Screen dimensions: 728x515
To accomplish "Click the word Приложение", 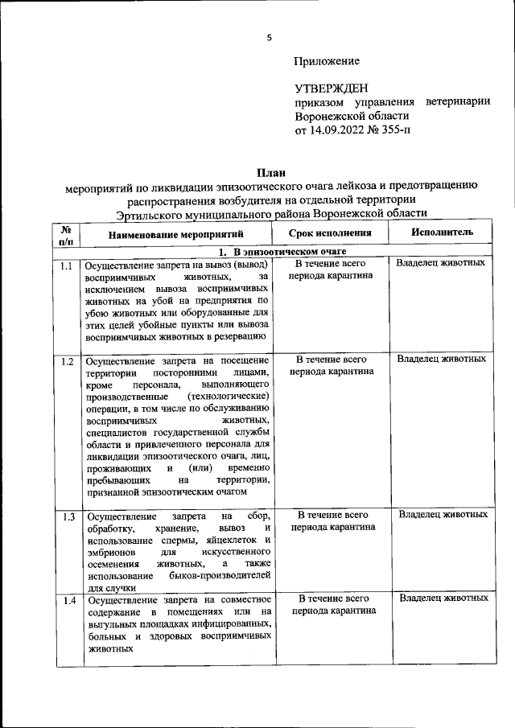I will point(327,61).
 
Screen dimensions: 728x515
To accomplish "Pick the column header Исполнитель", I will point(442,232).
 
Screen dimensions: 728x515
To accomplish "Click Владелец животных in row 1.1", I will point(442,263).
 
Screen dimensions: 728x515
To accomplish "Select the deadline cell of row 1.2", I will point(332,366).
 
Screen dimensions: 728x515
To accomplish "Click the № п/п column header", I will point(66,234).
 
